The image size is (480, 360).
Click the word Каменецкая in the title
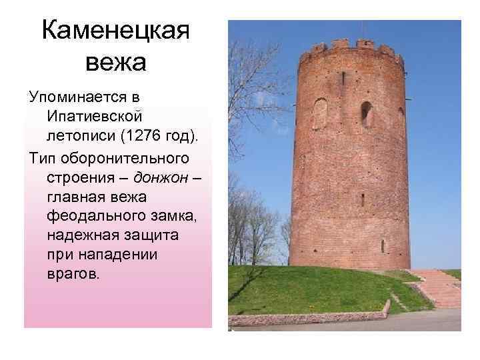[x=116, y=30]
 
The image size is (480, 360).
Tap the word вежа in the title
[x=116, y=63]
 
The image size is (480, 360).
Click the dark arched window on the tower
[x=366, y=113]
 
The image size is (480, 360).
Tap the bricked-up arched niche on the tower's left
[x=321, y=113]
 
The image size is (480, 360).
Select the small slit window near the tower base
[x=383, y=245]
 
